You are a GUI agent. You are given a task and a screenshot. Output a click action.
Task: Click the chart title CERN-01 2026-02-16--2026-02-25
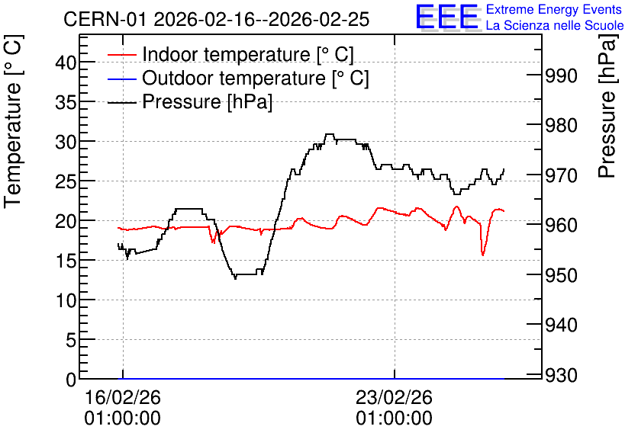217,19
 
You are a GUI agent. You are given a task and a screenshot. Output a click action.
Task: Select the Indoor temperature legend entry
230,54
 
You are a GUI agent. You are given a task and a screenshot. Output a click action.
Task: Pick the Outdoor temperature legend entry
238,78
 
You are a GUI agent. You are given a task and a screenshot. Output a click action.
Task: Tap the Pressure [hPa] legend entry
190,101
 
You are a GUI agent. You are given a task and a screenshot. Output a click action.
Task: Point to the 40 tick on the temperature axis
66,63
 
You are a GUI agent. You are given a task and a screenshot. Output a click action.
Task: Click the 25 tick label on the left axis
66,181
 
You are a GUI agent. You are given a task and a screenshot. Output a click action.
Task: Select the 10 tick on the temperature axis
66,300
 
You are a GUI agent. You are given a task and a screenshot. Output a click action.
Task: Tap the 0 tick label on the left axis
71,380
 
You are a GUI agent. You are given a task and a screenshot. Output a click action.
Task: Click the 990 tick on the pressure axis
561,75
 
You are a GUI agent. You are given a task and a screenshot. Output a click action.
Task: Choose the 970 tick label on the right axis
561,175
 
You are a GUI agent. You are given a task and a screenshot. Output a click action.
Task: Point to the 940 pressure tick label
561,325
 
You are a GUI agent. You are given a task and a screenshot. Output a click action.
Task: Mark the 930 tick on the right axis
561,375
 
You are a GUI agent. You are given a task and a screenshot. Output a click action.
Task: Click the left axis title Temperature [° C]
13,122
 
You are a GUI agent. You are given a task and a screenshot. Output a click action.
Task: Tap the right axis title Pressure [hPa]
607,106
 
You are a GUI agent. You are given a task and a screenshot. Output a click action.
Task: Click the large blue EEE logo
448,17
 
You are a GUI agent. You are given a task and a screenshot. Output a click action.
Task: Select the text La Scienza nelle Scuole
555,25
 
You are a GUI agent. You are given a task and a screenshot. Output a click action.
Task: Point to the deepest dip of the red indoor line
483,255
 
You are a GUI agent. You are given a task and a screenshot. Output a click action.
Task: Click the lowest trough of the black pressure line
235,278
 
